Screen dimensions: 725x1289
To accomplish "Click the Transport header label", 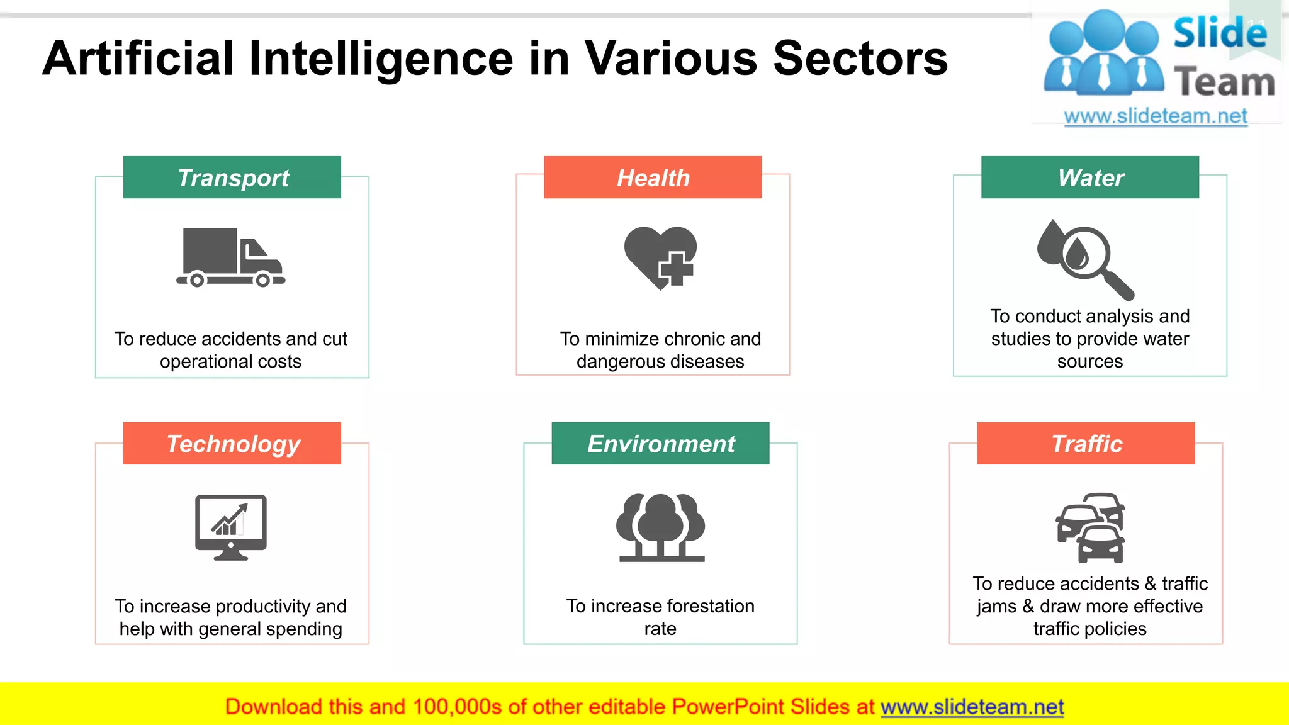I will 232,177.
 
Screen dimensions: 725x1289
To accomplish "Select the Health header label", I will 653,177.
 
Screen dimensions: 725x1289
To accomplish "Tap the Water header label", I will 1090,177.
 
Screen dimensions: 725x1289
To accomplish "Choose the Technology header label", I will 232,444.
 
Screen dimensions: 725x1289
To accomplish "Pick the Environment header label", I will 660,444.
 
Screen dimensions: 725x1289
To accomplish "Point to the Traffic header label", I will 1086,444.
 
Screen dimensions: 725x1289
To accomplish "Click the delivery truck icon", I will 230,257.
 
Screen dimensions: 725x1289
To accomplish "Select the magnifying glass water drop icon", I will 1084,259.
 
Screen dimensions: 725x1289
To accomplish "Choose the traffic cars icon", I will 1090,527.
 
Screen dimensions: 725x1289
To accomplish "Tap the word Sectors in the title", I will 860,59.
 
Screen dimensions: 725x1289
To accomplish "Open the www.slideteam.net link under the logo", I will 1156,116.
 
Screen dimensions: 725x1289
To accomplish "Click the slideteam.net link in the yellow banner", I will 972,707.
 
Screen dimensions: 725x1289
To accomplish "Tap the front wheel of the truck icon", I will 263,280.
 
